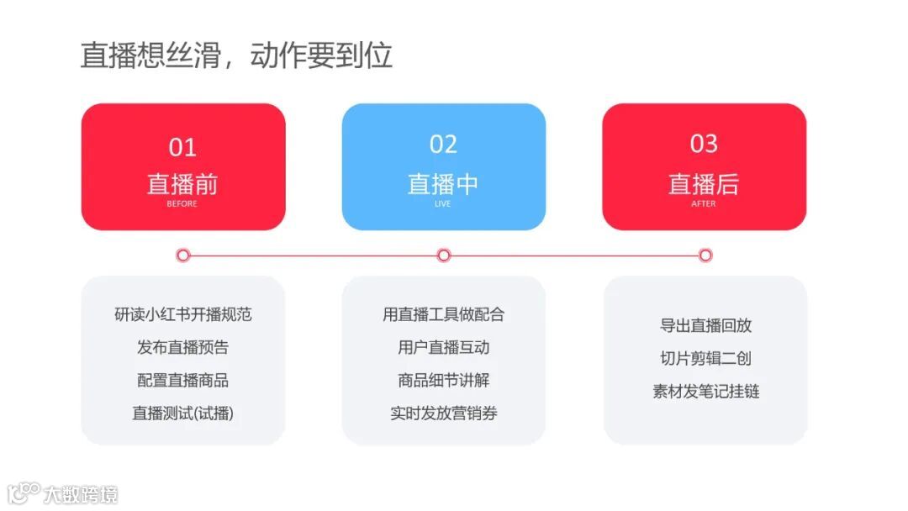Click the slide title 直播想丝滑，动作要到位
tap(236, 55)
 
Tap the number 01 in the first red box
tap(182, 147)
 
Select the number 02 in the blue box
tap(443, 145)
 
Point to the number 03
tap(704, 145)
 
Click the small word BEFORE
tap(182, 204)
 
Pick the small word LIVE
tap(443, 204)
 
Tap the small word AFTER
tap(704, 204)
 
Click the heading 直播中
tap(443, 184)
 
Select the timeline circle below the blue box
tap(444, 255)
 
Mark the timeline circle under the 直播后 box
tap(705, 255)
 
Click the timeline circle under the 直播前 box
tap(183, 255)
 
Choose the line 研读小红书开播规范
tap(182, 314)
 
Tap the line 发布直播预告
tap(182, 347)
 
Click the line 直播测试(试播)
tap(182, 414)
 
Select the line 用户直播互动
tap(443, 347)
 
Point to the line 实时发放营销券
tap(443, 414)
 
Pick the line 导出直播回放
tap(705, 325)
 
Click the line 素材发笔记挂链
tap(705, 392)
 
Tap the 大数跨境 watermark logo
tap(63, 493)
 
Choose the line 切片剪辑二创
tap(705, 359)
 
